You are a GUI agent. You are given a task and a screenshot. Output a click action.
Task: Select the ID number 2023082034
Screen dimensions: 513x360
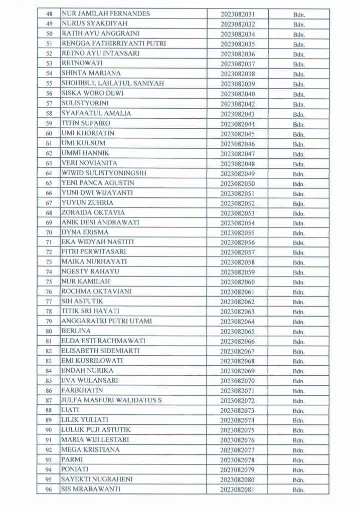point(238,34)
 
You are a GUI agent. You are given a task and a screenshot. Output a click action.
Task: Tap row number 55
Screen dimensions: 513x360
point(49,84)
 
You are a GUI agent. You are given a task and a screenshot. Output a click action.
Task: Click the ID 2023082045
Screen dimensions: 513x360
point(238,134)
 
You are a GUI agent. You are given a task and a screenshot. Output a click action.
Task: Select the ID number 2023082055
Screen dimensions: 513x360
point(238,233)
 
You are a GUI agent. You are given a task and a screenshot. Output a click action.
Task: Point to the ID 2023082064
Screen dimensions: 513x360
point(238,322)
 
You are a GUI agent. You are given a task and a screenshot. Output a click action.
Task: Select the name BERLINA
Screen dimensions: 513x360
point(76,331)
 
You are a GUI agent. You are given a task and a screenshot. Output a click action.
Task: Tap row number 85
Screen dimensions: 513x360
point(49,381)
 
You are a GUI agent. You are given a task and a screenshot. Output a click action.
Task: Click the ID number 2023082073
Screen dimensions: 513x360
point(238,410)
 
